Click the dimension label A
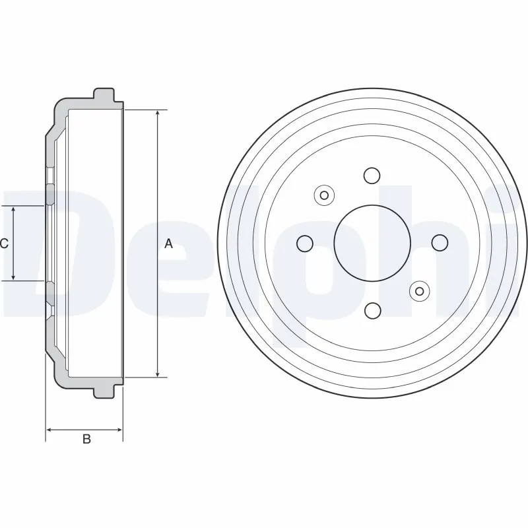coord(168,244)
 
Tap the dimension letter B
coord(86,440)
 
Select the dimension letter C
coord(4,244)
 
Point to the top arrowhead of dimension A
coord(157,114)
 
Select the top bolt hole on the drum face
coord(372,176)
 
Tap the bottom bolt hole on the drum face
coord(372,310)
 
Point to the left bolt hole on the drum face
coord(304,243)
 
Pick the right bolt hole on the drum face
coord(439,243)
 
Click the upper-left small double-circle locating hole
coord(323,195)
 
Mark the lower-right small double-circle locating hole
coord(419,290)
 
